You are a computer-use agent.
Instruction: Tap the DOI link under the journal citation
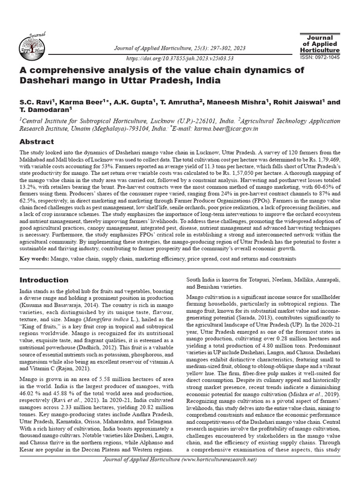[180, 59]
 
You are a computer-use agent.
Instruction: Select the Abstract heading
[37, 142]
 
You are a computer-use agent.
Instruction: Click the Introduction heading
[44, 280]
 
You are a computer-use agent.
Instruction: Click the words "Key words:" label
[34, 259]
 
